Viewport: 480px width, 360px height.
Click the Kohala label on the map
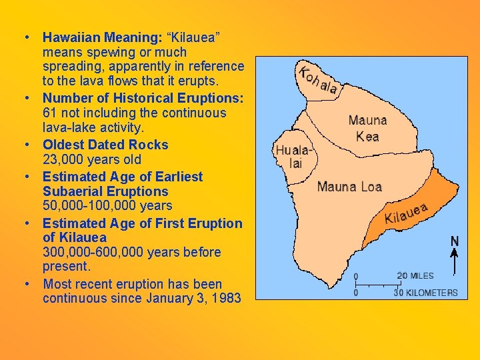pyautogui.click(x=318, y=80)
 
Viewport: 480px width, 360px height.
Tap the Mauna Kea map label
pyautogui.click(x=367, y=128)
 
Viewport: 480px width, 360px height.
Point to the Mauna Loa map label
pyautogui.click(x=349, y=186)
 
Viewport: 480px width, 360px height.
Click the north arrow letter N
pyautogui.click(x=455, y=241)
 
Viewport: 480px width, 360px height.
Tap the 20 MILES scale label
pyautogui.click(x=415, y=275)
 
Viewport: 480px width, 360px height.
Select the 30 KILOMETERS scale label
pyautogui.click(x=426, y=292)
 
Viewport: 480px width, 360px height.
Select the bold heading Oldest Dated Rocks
pyautogui.click(x=105, y=145)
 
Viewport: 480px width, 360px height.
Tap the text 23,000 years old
pyautogui.click(x=92, y=159)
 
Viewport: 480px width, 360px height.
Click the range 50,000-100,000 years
pyautogui.click(x=107, y=206)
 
